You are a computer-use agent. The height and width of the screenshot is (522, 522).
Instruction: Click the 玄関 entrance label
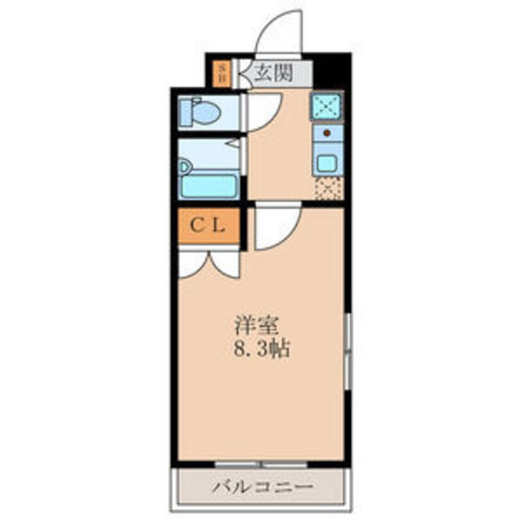(x=272, y=73)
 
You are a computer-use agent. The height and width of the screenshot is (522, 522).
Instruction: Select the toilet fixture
(x=198, y=111)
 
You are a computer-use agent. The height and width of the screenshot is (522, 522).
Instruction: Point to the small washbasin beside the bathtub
(x=185, y=168)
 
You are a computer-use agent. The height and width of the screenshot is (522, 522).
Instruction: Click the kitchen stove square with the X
(x=326, y=107)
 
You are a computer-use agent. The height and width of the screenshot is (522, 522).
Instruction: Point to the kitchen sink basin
(x=327, y=161)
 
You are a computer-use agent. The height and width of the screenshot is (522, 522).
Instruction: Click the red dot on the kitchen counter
(x=326, y=131)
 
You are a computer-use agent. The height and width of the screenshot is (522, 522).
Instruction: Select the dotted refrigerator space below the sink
(x=327, y=189)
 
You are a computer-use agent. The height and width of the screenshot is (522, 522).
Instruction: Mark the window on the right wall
(x=347, y=351)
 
